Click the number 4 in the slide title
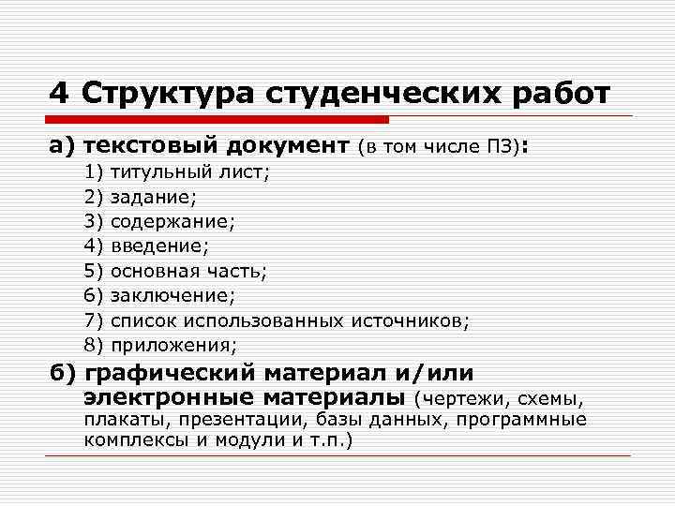point(60,94)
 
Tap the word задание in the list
point(150,198)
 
